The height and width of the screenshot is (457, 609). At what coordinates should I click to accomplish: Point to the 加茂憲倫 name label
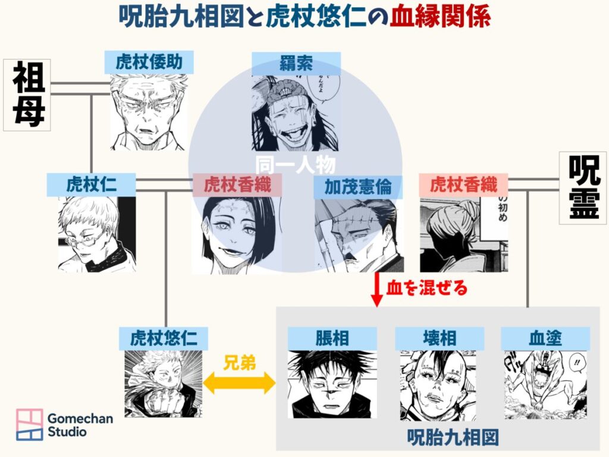coord(358,186)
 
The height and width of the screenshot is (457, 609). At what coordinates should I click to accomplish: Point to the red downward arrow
coord(376,290)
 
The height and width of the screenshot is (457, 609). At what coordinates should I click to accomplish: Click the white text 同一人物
coord(296,164)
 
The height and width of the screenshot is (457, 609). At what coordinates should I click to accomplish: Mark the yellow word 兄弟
coord(240,363)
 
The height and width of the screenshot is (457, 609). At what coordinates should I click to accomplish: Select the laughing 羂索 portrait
coord(296,112)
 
